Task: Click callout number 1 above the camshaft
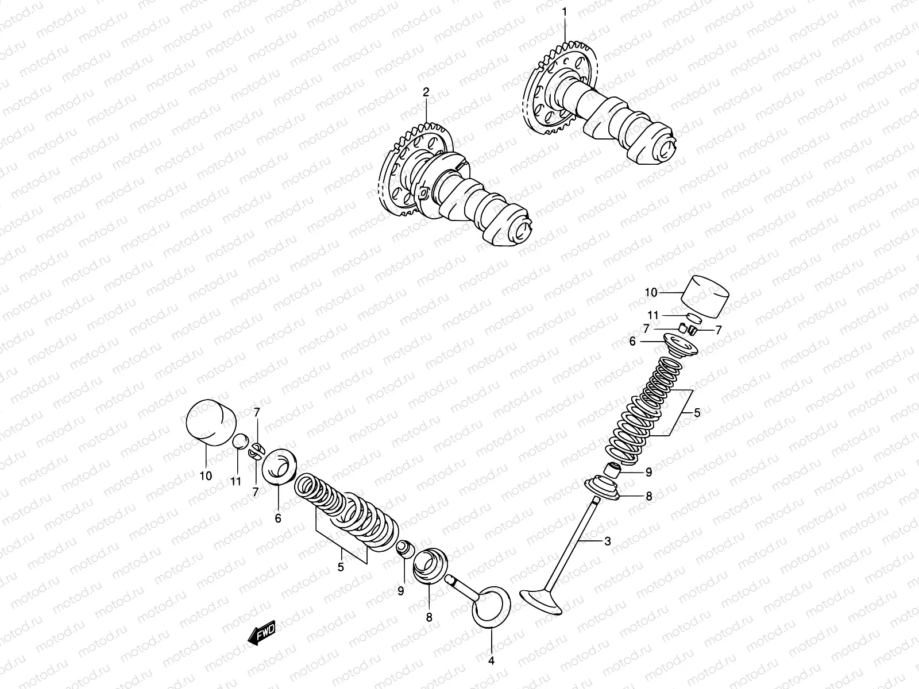point(564,11)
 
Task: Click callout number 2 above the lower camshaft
point(426,92)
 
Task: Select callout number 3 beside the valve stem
point(608,541)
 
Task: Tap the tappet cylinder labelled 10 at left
point(212,423)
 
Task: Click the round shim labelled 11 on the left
point(240,442)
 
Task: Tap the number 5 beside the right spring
point(697,412)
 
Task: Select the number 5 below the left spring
point(341,567)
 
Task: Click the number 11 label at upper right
point(653,315)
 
